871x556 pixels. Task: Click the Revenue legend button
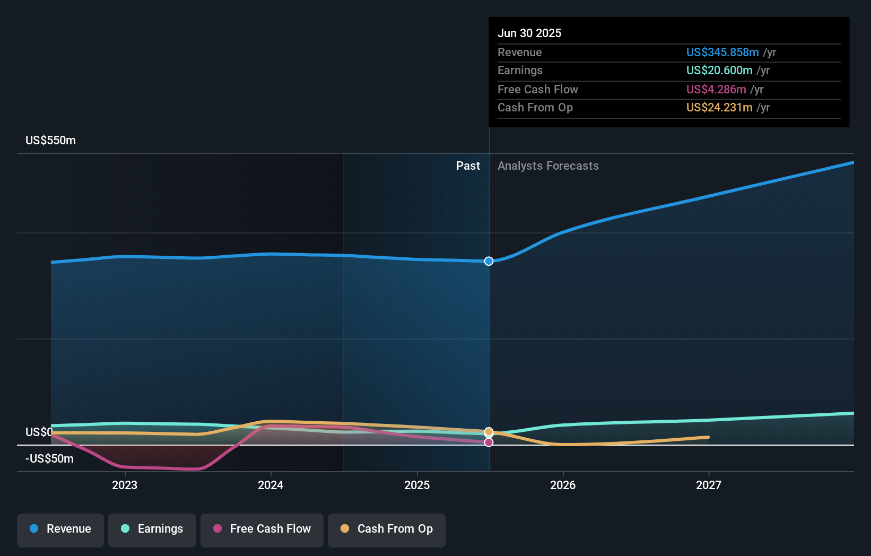(x=60, y=529)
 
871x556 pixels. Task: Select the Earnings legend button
(x=152, y=529)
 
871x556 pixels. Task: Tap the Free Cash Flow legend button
(x=262, y=529)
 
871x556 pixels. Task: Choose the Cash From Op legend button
(x=387, y=529)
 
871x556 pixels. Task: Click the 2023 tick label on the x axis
(x=125, y=485)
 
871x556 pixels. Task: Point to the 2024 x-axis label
(x=271, y=485)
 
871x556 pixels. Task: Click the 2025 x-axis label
(x=417, y=485)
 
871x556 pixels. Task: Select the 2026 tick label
(x=563, y=485)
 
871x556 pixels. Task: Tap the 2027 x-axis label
(x=709, y=485)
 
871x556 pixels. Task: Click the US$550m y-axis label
(x=51, y=141)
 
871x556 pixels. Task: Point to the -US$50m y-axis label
(x=50, y=459)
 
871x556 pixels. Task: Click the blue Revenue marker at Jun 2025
(x=489, y=261)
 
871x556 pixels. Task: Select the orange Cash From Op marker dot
(x=489, y=432)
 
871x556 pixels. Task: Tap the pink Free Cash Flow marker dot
(x=489, y=442)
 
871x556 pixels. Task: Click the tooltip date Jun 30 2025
(x=529, y=33)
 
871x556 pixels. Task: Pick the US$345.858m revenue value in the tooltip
(x=722, y=53)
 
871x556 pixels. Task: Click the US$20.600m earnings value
(x=719, y=71)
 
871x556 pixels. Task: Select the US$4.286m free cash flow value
(x=716, y=90)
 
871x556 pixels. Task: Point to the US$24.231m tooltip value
(x=719, y=108)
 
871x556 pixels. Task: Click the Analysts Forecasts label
(x=548, y=166)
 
